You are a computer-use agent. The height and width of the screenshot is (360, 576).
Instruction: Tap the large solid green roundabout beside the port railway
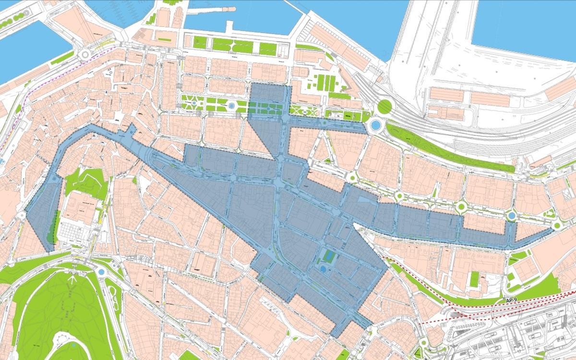(384, 107)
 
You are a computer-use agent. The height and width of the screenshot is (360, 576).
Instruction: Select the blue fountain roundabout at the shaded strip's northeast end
(375, 126)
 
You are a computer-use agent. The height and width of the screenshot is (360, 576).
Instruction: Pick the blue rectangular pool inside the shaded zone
(329, 256)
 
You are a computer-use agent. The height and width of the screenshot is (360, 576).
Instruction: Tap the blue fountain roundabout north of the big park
(101, 272)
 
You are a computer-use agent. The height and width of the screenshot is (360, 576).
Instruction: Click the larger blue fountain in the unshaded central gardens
(232, 105)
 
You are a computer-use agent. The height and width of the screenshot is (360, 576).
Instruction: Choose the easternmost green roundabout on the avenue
(557, 224)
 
